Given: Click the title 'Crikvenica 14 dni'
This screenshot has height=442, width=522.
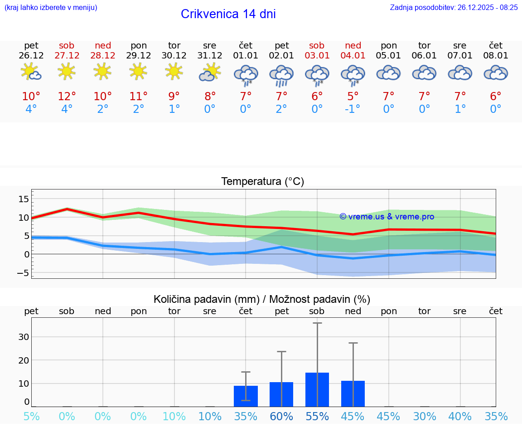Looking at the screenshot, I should click(228, 14).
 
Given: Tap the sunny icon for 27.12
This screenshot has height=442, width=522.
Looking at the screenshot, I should click(67, 71).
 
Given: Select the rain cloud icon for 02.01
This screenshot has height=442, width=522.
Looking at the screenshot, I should click(281, 74).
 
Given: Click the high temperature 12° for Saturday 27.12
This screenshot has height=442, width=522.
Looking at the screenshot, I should click(67, 97).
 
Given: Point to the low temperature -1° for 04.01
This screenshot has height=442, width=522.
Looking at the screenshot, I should click(353, 109).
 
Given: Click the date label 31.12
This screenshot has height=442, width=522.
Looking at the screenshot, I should click(210, 56).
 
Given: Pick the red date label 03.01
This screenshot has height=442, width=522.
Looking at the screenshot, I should click(317, 56).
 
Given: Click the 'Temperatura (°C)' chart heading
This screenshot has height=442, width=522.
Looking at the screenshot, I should click(262, 182).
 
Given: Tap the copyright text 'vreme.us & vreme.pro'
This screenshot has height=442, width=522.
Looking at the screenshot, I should click(387, 217).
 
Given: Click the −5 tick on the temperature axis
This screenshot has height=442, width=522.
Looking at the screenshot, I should click(21, 273).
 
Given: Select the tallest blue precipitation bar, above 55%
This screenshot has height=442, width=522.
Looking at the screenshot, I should click(317, 389).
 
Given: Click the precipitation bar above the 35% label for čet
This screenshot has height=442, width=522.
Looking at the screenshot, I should click(246, 396).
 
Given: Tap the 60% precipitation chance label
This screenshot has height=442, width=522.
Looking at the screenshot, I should click(281, 417).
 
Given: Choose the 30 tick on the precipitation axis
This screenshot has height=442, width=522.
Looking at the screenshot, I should click(24, 337).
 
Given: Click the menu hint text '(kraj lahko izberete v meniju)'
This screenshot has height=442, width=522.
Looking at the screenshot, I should click(51, 7).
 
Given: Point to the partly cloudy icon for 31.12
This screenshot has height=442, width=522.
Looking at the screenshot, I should click(209, 73).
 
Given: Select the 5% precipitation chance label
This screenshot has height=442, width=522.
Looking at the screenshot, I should click(31, 417).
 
